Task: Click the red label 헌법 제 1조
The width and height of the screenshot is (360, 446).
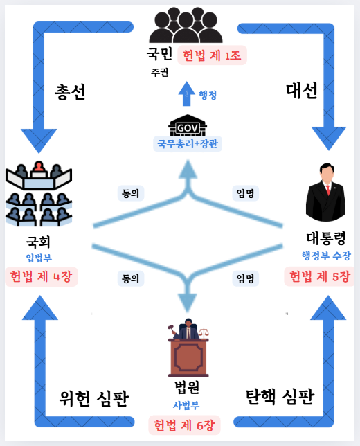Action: pyautogui.click(x=212, y=55)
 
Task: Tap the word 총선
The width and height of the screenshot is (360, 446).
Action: pyautogui.click(x=70, y=92)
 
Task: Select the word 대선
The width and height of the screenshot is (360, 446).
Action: pyautogui.click(x=301, y=91)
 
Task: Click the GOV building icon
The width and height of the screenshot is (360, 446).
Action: pyautogui.click(x=188, y=125)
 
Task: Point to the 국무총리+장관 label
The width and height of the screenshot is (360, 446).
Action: pyautogui.click(x=188, y=143)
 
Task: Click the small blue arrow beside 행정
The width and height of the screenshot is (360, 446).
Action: pyautogui.click(x=186, y=93)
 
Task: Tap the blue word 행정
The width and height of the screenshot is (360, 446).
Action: pyautogui.click(x=208, y=95)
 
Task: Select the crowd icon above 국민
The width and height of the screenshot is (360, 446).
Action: pyautogui.click(x=186, y=25)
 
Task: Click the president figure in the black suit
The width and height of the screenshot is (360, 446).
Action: pyautogui.click(x=325, y=193)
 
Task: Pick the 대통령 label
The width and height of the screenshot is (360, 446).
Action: pyautogui.click(x=326, y=238)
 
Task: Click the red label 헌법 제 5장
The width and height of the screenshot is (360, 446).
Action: pyautogui.click(x=319, y=276)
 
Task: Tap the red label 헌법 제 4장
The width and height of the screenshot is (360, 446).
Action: pyautogui.click(x=42, y=276)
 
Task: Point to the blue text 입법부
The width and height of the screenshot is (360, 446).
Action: pyautogui.click(x=39, y=258)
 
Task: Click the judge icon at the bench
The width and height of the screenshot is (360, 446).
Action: pyautogui.click(x=188, y=348)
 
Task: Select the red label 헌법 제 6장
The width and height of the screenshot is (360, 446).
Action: pyautogui.click(x=184, y=425)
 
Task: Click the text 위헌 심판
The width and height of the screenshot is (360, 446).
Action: pyautogui.click(x=94, y=398)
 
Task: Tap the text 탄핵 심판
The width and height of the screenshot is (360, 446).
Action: pyautogui.click(x=280, y=397)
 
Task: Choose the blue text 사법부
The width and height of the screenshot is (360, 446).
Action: pyautogui.click(x=186, y=405)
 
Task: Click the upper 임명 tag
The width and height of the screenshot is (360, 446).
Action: pyautogui.click(x=245, y=193)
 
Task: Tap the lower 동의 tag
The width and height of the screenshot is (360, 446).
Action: pyautogui.click(x=131, y=278)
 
